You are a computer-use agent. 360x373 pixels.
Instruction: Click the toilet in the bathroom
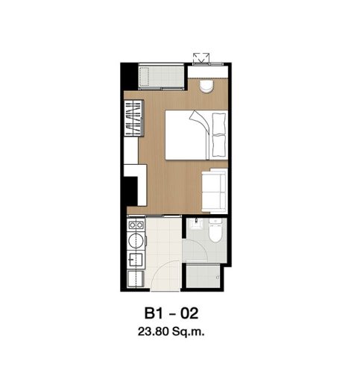[x=215, y=230]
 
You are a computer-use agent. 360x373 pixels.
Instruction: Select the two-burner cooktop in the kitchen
[x=136, y=225]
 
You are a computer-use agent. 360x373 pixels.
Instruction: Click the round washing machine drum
[x=136, y=241]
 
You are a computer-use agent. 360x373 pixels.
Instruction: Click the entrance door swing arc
[x=164, y=269]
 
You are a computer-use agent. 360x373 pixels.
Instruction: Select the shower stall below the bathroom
[x=203, y=277]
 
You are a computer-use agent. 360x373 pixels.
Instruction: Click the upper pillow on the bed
[x=219, y=124]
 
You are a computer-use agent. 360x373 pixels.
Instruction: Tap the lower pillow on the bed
[x=219, y=145]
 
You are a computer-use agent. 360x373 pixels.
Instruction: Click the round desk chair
[x=206, y=87]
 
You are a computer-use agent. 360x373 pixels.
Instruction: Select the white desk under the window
[x=208, y=72]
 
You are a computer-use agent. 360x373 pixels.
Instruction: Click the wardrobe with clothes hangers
[x=134, y=118]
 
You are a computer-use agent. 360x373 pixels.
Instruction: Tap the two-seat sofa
[x=215, y=190]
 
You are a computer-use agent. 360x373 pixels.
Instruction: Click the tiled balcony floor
[x=162, y=76]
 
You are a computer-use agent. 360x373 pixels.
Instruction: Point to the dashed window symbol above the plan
[x=201, y=58]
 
